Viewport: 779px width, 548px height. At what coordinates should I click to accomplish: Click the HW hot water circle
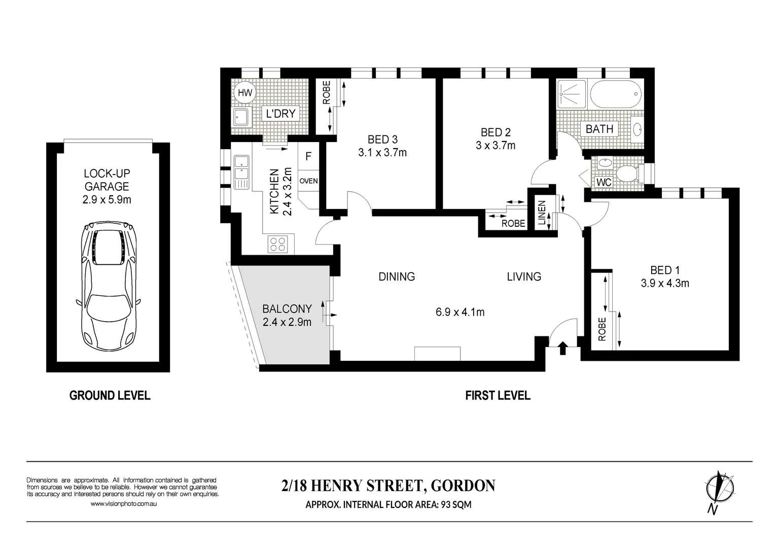coord(245,92)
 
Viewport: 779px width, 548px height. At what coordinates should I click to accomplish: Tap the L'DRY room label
coord(280,114)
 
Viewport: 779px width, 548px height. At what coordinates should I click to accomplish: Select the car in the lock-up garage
coord(108,286)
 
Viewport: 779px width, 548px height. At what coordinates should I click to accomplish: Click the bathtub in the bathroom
coord(616,94)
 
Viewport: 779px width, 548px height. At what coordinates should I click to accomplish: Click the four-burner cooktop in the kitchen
coord(278,244)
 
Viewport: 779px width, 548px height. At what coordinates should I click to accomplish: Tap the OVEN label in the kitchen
coord(308,181)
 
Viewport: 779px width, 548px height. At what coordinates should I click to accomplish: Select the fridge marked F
coord(308,156)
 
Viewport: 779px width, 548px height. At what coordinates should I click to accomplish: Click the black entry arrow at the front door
coord(562,348)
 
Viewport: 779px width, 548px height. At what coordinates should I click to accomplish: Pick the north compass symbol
coord(719,490)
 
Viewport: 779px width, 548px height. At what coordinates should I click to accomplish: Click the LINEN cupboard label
coord(542,213)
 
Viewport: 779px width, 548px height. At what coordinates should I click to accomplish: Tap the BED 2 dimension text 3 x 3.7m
coord(495,145)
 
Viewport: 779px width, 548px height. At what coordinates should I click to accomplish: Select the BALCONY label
coord(287,309)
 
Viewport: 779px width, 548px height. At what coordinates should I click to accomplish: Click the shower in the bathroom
coord(572,93)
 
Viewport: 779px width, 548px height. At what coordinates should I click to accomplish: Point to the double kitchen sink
coord(241,172)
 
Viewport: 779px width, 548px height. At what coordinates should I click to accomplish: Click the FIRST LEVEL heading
coord(498,396)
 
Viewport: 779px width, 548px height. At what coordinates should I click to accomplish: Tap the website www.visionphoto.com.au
coord(123,503)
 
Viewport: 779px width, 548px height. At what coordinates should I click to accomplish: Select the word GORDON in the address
coord(463,486)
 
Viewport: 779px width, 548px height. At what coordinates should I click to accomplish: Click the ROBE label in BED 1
coord(602,329)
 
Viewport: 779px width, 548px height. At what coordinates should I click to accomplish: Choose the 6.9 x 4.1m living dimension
coord(460,312)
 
